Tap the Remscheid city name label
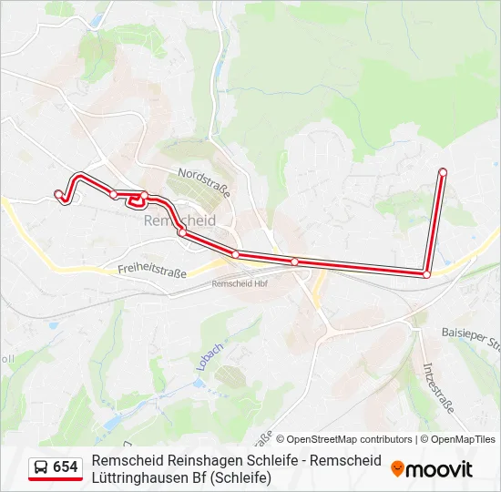click(180, 220)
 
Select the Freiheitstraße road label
click(152, 271)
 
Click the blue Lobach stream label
click(204, 356)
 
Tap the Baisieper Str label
click(471, 339)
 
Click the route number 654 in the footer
click(66, 467)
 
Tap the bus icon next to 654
click(41, 467)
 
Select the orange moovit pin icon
click(397, 469)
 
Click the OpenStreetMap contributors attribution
click(343, 439)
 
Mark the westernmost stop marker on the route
click(58, 193)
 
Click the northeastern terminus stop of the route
click(443, 172)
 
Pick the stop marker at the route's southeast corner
click(426, 273)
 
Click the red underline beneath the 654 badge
click(56, 479)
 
